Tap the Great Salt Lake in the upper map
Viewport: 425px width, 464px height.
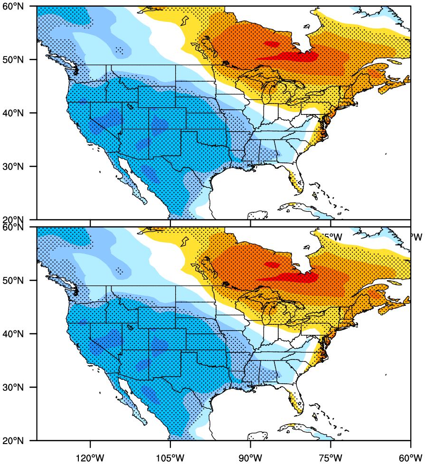(130, 106)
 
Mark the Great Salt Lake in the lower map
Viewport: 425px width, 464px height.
(130, 327)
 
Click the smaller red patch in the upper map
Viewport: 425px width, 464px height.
(272, 44)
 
